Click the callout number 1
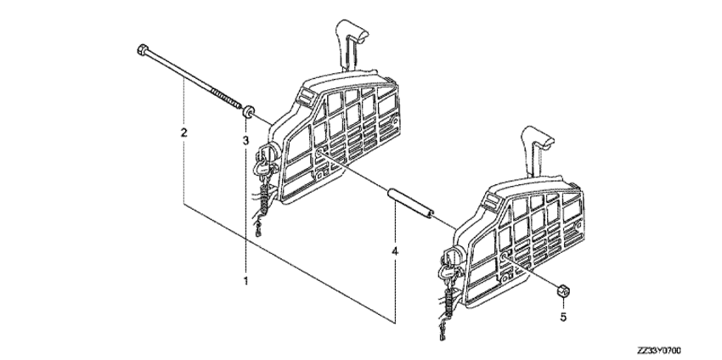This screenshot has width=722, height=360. [245, 280]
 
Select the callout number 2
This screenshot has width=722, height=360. [183, 133]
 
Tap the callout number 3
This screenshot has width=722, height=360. [245, 139]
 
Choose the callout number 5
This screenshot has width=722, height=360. [562, 317]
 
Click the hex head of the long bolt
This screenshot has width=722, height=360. [143, 48]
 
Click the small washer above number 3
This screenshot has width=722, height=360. [249, 111]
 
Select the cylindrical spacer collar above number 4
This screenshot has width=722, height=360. [411, 201]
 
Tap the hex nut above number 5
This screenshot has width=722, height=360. [561, 290]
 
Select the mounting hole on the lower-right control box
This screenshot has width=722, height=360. [505, 256]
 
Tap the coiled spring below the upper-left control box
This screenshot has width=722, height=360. [267, 194]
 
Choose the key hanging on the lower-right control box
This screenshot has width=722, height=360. [446, 273]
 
